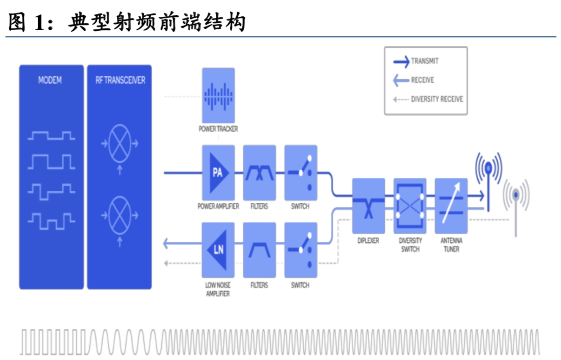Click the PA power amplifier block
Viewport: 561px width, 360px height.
[218, 173]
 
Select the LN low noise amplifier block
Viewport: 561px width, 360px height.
[218, 250]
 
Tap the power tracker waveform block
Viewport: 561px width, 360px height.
[218, 95]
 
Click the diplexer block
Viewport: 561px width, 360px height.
[368, 206]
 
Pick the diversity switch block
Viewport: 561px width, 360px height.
[409, 206]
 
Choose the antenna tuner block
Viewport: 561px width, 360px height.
[451, 206]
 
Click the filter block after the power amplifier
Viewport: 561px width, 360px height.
[259, 173]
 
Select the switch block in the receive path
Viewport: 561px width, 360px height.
[301, 250]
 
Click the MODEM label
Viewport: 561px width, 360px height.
[50, 80]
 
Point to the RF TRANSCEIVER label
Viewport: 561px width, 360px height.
[120, 80]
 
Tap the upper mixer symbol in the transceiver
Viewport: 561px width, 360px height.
[120, 144]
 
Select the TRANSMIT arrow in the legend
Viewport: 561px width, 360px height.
[401, 61]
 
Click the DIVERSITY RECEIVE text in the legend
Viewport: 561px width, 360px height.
[437, 99]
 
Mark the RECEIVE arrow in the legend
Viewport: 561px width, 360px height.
[401, 80]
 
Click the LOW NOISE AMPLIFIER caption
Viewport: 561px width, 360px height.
[218, 289]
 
